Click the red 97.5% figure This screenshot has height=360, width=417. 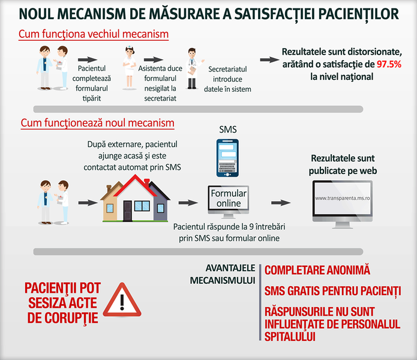click(x=389, y=64)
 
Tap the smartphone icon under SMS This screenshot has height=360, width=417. click(x=227, y=158)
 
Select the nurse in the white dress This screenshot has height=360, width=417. click(x=129, y=68)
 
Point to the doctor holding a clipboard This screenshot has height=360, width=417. click(x=193, y=68)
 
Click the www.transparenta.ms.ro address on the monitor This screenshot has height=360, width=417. click(x=342, y=198)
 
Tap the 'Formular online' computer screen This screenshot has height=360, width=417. click(x=229, y=199)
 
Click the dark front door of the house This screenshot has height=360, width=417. click(x=127, y=211)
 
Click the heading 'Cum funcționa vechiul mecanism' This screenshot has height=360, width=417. click(x=94, y=34)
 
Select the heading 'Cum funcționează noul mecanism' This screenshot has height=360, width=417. click(x=98, y=123)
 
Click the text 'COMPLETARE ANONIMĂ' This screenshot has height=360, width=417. click(x=317, y=270)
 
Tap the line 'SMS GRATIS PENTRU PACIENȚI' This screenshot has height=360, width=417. click(x=332, y=291)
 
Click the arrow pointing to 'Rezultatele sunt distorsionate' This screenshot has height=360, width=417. click(x=269, y=60)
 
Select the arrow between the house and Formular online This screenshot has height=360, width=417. click(x=188, y=203)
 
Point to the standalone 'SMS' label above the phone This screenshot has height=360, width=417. click(x=228, y=130)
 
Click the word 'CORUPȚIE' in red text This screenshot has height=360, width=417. click(x=71, y=318)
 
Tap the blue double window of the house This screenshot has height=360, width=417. click(x=142, y=206)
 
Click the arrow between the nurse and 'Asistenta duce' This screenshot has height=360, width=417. click(x=154, y=60)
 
